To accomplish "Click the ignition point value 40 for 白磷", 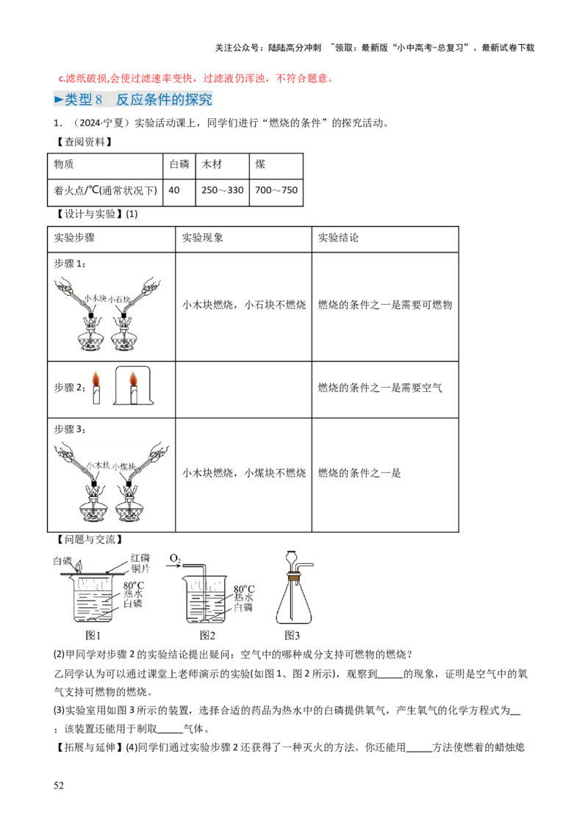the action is tap(174, 190).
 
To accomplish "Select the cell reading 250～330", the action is tap(223, 190).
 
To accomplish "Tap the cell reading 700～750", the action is tap(276, 190).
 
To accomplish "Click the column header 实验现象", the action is tap(203, 238).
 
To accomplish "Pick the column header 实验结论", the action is tap(339, 238).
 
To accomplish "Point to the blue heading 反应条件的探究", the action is tap(165, 99).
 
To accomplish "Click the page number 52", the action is tap(58, 785).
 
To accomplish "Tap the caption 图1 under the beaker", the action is tap(93, 635).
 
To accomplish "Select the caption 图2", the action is tap(207, 635).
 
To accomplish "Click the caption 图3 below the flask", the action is tap(293, 635).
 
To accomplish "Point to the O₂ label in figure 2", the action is tap(175, 559).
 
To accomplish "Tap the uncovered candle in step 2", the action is tap(96, 388).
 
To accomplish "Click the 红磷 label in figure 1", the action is tap(140, 558).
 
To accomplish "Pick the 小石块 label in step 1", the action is tap(119, 300).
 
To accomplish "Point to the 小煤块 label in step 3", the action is tap(124, 467).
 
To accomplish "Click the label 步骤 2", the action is tap(70, 388).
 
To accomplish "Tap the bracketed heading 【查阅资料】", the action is tap(85, 142).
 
